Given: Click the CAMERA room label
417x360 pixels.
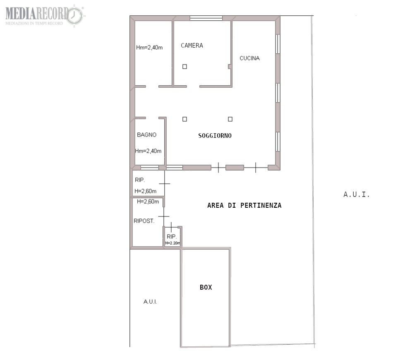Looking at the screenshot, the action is pyautogui.click(x=192, y=46).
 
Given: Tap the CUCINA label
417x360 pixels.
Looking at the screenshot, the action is pyautogui.click(x=249, y=58).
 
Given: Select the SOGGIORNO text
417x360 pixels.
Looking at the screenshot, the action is pyautogui.click(x=215, y=136).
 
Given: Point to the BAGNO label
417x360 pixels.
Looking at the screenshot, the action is pyautogui.click(x=146, y=135).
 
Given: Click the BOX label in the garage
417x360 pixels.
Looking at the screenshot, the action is pyautogui.click(x=206, y=287).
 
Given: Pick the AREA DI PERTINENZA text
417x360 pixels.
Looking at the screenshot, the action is pyautogui.click(x=244, y=205).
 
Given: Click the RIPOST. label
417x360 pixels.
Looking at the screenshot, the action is pyautogui.click(x=144, y=221).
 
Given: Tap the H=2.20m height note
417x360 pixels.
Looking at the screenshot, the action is pyautogui.click(x=173, y=243).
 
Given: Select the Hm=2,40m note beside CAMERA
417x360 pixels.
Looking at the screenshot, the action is pyautogui.click(x=149, y=48).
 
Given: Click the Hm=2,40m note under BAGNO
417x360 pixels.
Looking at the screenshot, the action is pyautogui.click(x=148, y=151).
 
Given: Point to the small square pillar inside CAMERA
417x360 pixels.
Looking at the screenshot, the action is pyautogui.click(x=185, y=67).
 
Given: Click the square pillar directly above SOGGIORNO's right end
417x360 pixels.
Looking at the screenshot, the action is pyautogui.click(x=230, y=119).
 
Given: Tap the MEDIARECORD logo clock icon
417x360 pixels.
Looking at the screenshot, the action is pyautogui.click(x=74, y=15).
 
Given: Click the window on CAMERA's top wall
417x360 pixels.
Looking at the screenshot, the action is pyautogui.click(x=206, y=18).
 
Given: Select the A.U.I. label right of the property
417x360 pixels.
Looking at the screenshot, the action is pyautogui.click(x=356, y=194).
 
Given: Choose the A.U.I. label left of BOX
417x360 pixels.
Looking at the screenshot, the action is pyautogui.click(x=150, y=302).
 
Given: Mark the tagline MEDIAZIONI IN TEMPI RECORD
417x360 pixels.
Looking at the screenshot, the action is pyautogui.click(x=34, y=24).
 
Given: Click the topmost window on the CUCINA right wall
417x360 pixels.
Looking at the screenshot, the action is pyautogui.click(x=278, y=44).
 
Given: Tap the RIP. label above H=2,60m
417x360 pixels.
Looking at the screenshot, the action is pyautogui.click(x=140, y=180).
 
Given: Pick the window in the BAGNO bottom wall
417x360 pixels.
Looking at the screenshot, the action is pyautogui.click(x=149, y=168).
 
